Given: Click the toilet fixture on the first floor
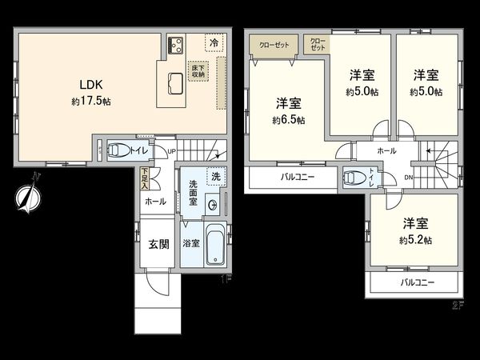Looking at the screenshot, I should pyautogui.click(x=118, y=150).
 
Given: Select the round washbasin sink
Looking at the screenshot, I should pyautogui.click(x=212, y=206).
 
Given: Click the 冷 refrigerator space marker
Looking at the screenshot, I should pyautogui.click(x=213, y=42).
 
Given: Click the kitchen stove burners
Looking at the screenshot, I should pyautogui.click(x=177, y=44).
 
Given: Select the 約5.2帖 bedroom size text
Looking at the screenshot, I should pyautogui.click(x=417, y=239).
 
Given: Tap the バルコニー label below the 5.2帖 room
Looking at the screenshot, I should pyautogui.click(x=417, y=283).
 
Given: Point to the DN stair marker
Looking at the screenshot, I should pyautogui.click(x=409, y=178).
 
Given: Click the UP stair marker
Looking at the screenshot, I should pyautogui.click(x=171, y=150).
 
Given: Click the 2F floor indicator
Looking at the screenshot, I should pyautogui.click(x=457, y=304).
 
